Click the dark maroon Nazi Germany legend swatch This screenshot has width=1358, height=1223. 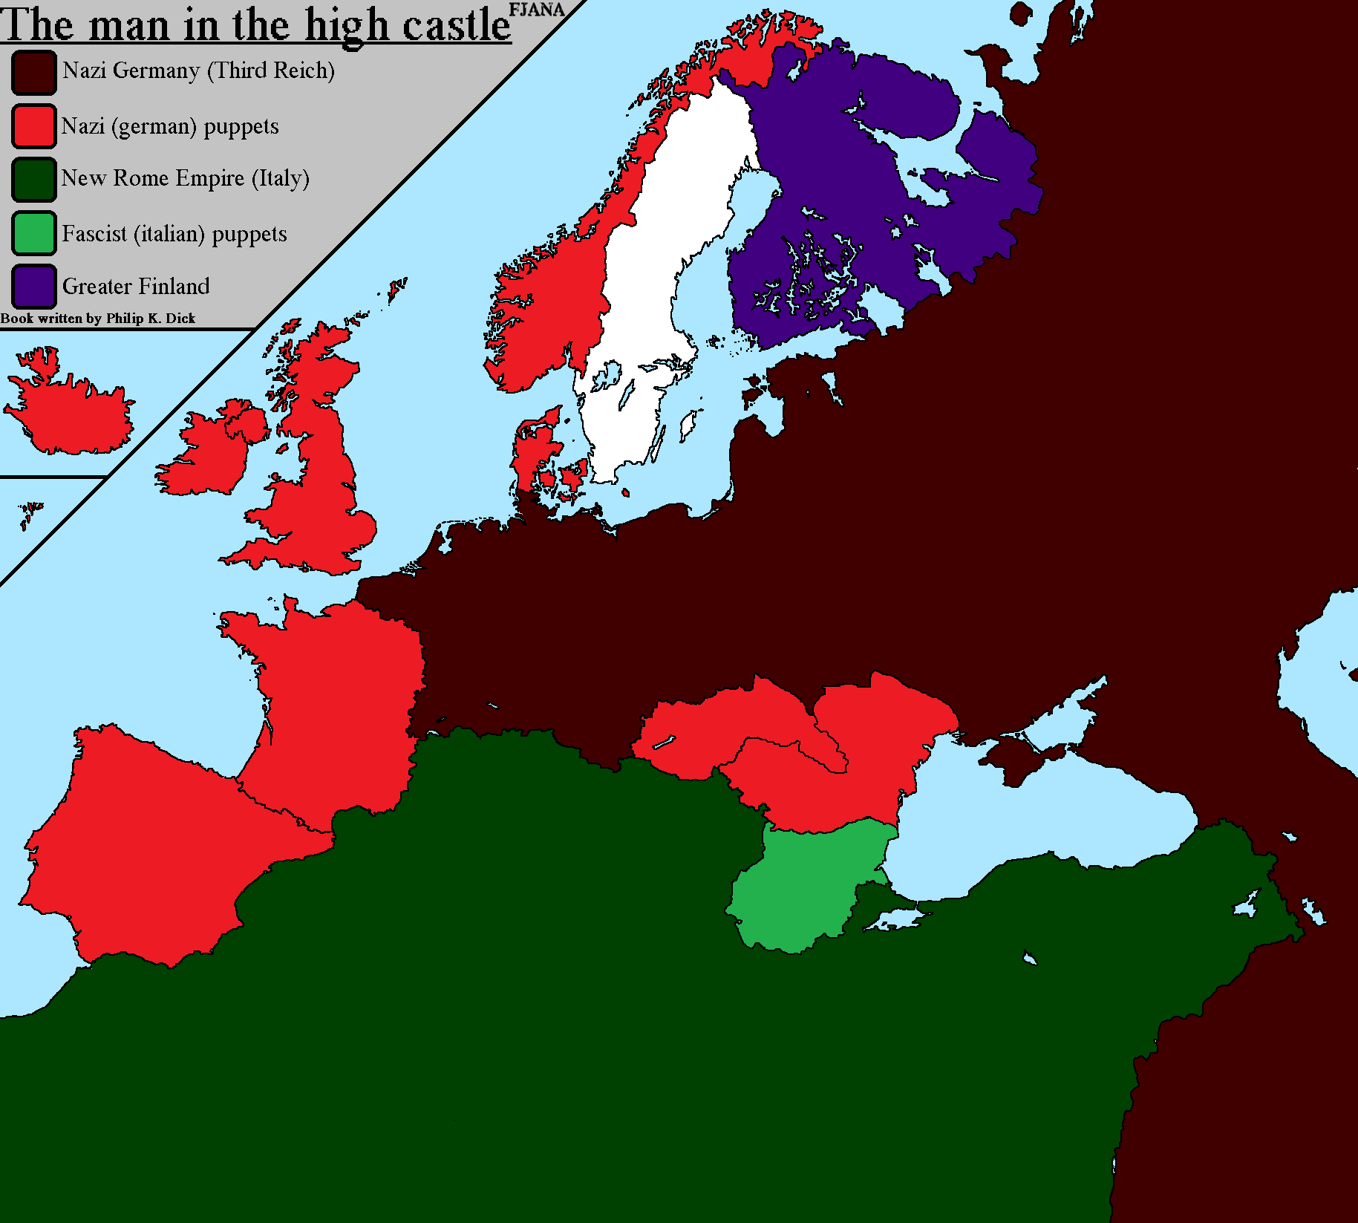coord(34,72)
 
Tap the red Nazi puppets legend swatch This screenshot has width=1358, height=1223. coord(34,126)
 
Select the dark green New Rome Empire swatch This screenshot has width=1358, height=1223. coord(34,179)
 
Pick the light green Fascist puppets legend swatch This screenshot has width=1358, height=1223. coord(34,233)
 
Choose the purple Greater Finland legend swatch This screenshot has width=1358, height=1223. coord(34,286)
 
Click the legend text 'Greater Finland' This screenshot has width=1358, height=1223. coord(136,286)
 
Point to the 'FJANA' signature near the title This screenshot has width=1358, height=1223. coord(536,10)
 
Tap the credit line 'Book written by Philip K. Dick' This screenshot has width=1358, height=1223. coord(97,319)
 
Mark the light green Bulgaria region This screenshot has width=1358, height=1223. coord(802,887)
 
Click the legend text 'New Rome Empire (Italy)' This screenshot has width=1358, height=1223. coord(185,179)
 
